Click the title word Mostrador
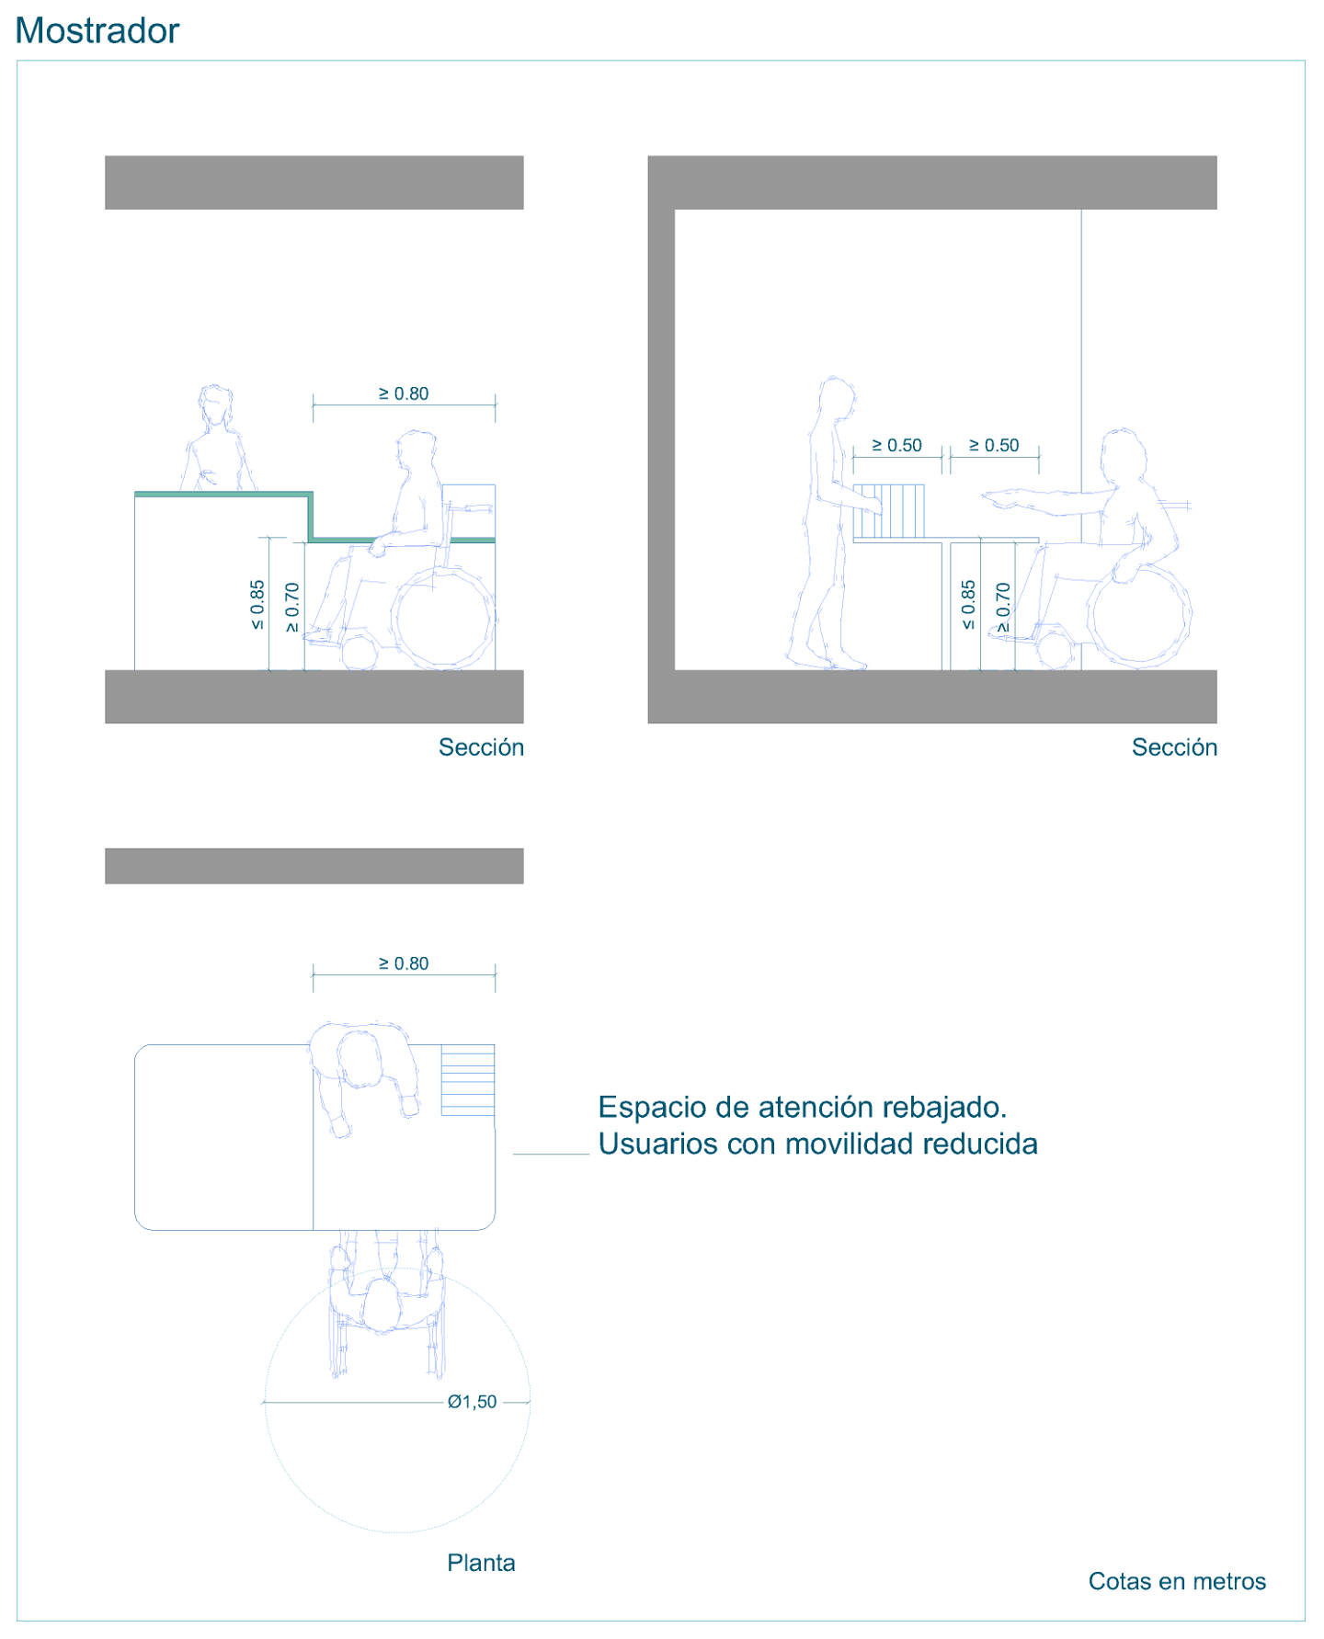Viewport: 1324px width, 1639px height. pos(97,30)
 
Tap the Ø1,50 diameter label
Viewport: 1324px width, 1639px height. pos(472,1402)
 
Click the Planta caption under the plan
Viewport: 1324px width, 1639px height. pos(481,1563)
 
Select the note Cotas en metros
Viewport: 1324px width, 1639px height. pos(1177,1581)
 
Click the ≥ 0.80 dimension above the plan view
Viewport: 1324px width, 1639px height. pos(404,963)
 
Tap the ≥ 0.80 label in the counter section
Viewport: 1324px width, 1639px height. pos(404,393)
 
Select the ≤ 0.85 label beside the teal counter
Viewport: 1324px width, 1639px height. pos(257,604)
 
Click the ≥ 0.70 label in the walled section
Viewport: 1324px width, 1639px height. pos(1003,607)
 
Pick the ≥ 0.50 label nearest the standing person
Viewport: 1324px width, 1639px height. pos(896,445)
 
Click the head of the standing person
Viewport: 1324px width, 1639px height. pos(836,397)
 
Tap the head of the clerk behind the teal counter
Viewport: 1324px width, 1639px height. pos(215,407)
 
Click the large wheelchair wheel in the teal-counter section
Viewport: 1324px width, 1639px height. pos(443,618)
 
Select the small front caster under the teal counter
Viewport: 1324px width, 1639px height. pos(359,652)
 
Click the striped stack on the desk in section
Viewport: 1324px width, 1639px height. pos(888,511)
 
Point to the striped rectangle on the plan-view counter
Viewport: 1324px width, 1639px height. pos(468,1080)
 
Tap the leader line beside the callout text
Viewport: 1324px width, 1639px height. pos(551,1154)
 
